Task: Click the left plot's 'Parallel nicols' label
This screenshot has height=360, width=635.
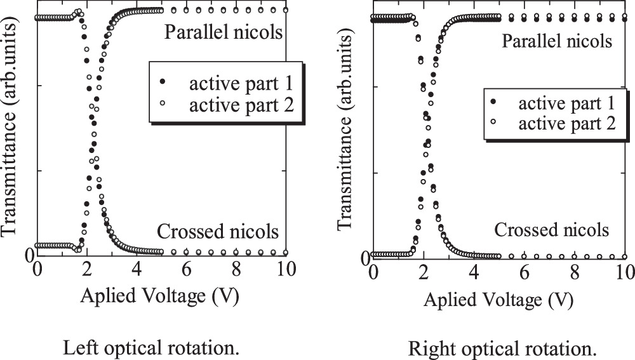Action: pos(223,32)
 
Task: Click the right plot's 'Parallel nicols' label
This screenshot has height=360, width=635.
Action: pos(557,42)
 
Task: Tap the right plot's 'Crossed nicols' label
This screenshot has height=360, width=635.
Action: pos(552,230)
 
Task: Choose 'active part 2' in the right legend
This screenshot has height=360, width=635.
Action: pos(567,124)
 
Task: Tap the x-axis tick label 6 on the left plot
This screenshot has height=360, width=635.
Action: pos(187,269)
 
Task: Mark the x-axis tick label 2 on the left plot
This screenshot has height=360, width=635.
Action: pos(87,269)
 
